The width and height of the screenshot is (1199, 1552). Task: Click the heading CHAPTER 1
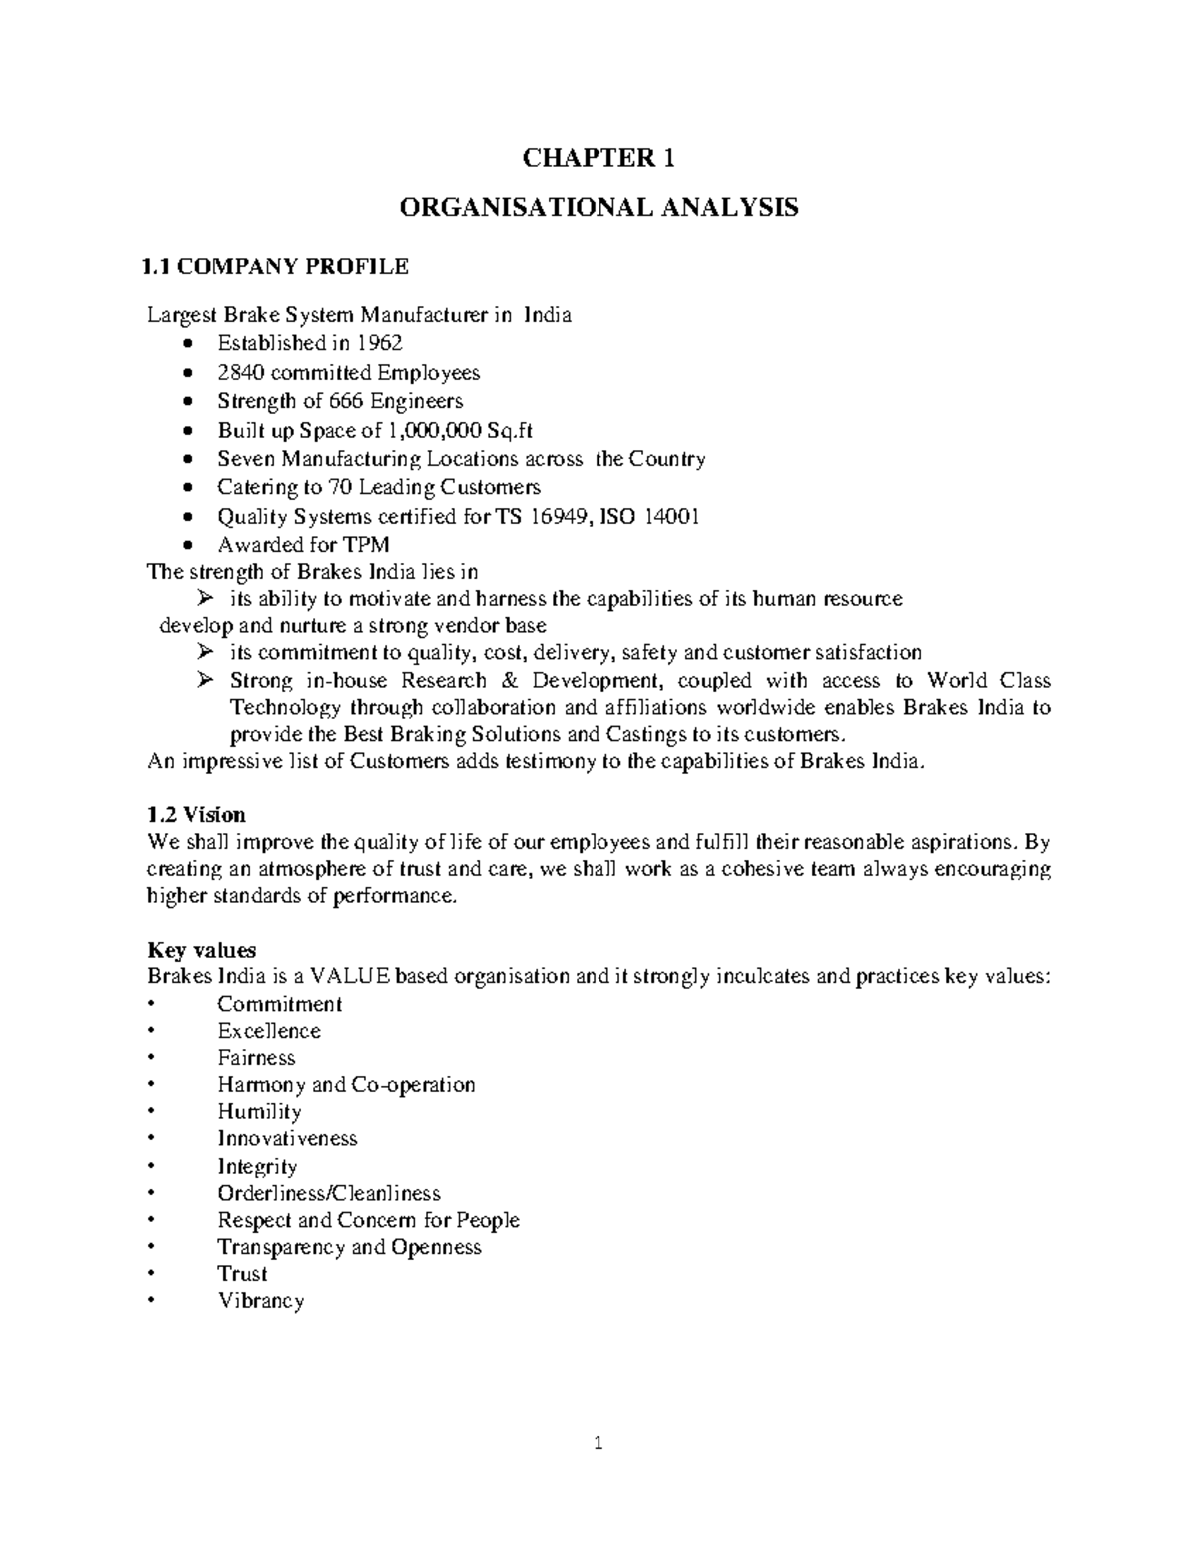599,158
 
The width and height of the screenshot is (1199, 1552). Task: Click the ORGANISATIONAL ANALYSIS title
599,208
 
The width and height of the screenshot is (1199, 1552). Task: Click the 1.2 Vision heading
196,814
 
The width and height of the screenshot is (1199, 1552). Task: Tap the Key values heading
201,949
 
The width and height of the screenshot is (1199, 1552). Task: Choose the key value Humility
259,1111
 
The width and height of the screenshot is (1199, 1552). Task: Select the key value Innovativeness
287,1138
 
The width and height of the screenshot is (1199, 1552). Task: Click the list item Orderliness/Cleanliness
328,1193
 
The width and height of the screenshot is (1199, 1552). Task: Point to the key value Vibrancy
260,1301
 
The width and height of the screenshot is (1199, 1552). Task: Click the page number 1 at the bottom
599,1443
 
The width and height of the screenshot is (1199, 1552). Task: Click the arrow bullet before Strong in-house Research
205,681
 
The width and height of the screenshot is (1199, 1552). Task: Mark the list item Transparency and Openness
349,1247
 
